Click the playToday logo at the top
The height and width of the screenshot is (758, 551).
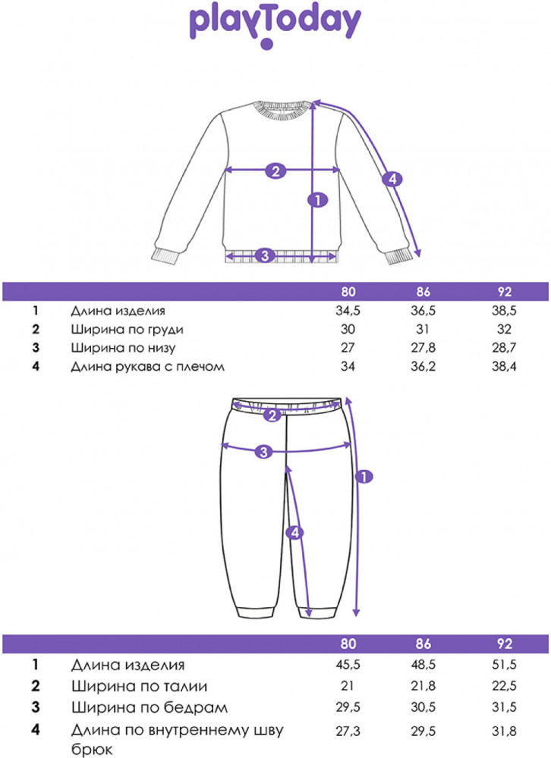point(275,25)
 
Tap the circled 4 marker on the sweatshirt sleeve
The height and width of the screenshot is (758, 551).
point(392,180)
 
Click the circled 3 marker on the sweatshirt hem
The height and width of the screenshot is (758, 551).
point(264,255)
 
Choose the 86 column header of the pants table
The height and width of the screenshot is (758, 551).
point(423,645)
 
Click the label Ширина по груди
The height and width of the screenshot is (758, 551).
point(128,330)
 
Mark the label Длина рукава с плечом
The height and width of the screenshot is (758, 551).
point(148,367)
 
